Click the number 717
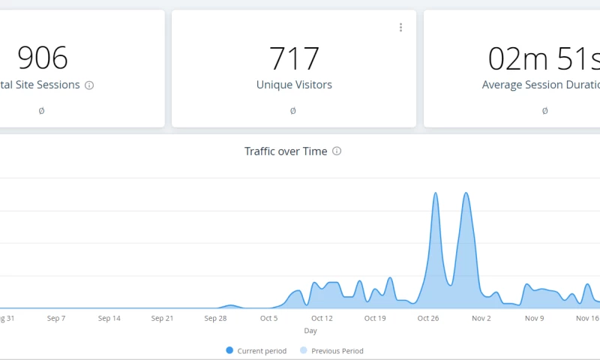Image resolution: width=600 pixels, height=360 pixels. (294, 58)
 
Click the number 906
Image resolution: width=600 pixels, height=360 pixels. (42, 58)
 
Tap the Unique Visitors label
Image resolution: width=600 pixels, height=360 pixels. (294, 85)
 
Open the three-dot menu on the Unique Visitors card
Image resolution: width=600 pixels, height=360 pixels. (400, 28)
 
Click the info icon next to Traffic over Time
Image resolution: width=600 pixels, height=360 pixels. (337, 151)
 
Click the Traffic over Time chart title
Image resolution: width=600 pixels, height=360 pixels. (286, 151)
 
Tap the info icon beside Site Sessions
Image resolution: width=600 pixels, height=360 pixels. (89, 85)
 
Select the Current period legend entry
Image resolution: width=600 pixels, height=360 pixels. (256, 351)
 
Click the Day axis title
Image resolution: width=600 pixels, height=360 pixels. (310, 331)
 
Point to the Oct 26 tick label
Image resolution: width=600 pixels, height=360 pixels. (428, 318)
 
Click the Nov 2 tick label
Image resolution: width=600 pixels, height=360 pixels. (481, 318)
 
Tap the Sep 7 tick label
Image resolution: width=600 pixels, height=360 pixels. (56, 318)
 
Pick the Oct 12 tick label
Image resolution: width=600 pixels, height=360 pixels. (322, 318)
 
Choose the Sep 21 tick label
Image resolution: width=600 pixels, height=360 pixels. (163, 318)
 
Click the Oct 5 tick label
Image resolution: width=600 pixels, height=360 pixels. (268, 318)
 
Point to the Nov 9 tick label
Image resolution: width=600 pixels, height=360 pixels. (534, 318)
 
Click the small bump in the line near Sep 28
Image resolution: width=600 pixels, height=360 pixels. (231, 305)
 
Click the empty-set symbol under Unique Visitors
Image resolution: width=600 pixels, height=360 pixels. (292, 111)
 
